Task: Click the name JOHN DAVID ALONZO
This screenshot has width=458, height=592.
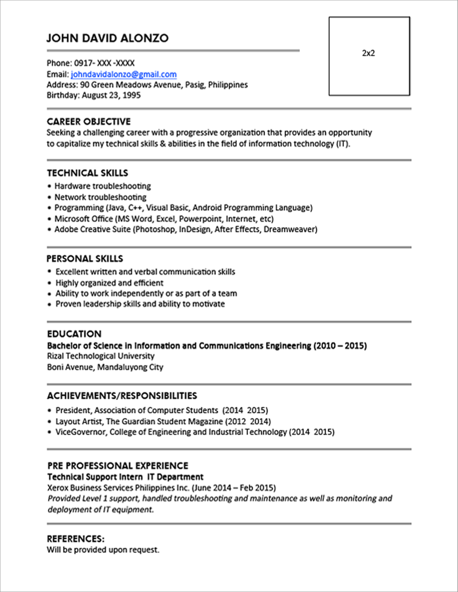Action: click(107, 38)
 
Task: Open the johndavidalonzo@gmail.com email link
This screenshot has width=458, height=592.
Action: click(124, 74)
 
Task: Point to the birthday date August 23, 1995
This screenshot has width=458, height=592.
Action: click(111, 95)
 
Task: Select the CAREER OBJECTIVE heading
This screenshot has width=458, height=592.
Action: click(89, 121)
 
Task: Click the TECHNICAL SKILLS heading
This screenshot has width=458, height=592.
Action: click(87, 173)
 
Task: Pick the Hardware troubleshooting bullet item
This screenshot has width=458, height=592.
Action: click(103, 186)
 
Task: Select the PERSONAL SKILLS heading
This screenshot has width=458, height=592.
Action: click(85, 259)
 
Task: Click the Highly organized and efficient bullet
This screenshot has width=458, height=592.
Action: click(109, 283)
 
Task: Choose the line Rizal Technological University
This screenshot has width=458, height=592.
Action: click(101, 356)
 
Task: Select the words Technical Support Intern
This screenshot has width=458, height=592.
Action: click(95, 477)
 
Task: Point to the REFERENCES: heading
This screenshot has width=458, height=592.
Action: click(76, 539)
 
